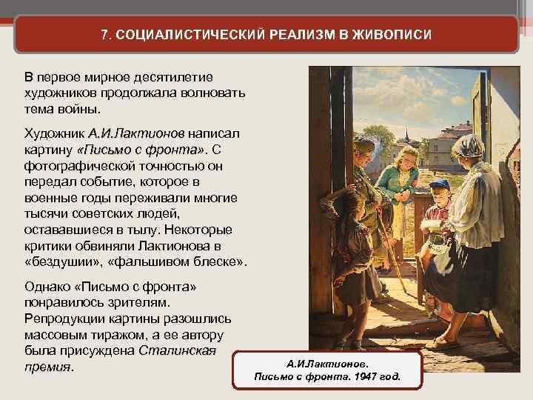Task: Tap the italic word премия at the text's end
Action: (x=47, y=368)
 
